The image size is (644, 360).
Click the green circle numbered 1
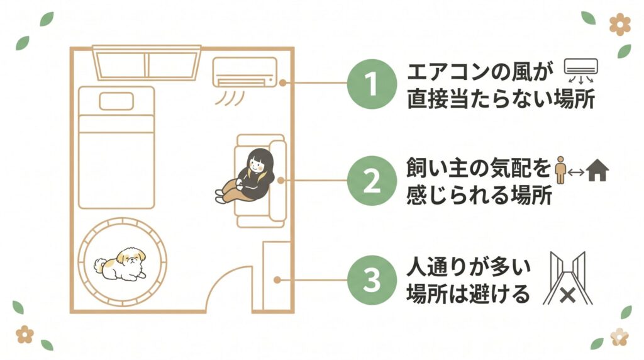pos(371,83)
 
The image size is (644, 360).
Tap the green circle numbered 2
pos(371,181)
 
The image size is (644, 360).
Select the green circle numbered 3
pos(371,281)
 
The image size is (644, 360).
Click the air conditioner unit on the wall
pos(244,72)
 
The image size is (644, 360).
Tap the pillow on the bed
pos(116,101)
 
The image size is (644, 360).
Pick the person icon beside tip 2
pos(562,171)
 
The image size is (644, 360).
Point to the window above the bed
pos(146,63)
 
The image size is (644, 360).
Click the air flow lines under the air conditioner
pos(233,98)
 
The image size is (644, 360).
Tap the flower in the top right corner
pos(619,25)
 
